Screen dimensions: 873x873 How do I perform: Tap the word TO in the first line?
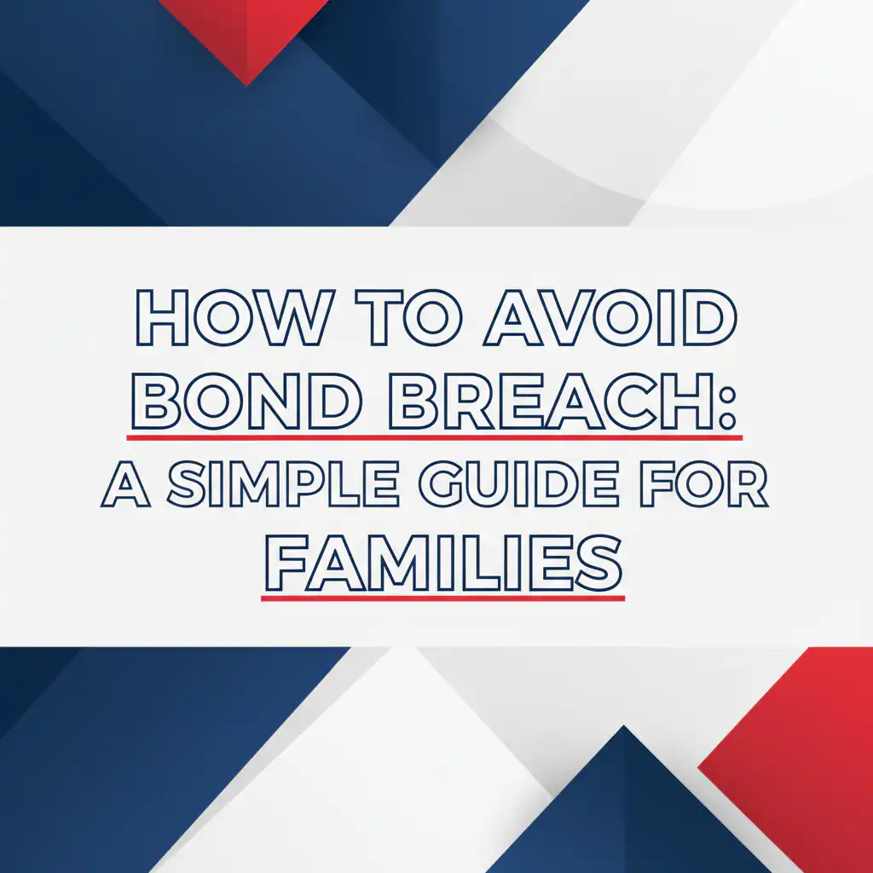[x=408, y=317]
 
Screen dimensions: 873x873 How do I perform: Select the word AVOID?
[x=610, y=317]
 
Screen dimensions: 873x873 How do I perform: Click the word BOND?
[x=246, y=401]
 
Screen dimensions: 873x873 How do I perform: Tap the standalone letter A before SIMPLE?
[x=126, y=484]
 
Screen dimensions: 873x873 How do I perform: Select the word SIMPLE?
[x=283, y=484]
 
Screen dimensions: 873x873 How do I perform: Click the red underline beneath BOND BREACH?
[x=434, y=437]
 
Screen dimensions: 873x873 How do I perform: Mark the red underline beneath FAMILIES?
[x=443, y=598]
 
